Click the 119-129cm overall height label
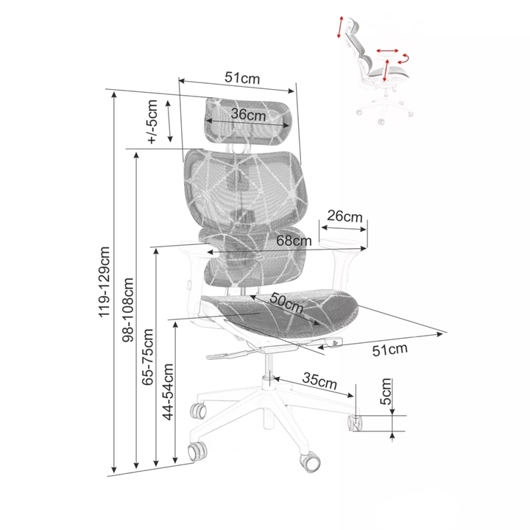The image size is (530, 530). [x=105, y=282]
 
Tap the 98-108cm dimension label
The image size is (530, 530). [x=128, y=310]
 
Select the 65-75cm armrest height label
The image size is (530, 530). [x=148, y=357]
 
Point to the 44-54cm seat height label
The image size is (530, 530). [x=168, y=392]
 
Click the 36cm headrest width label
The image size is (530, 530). [x=249, y=115]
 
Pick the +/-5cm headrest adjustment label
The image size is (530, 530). [x=152, y=122]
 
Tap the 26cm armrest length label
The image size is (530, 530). [x=344, y=216]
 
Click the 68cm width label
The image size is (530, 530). [x=294, y=241]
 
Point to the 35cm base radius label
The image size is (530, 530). [x=319, y=381]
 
